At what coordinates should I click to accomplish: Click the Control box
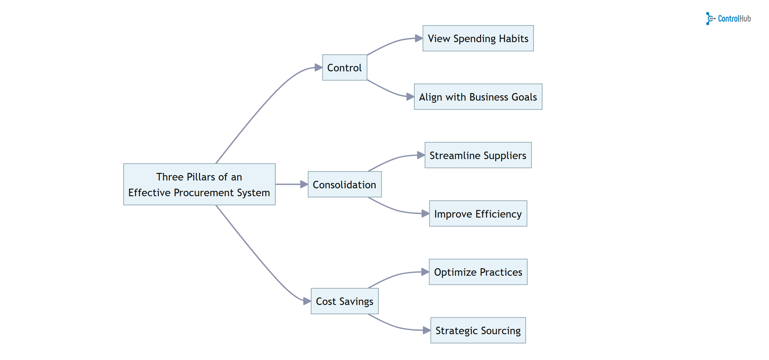tap(345, 68)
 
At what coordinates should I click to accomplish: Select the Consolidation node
tap(345, 185)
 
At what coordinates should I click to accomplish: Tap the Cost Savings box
tap(345, 301)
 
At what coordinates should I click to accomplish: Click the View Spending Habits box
tap(478, 38)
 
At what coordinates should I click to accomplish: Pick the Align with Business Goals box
tap(478, 97)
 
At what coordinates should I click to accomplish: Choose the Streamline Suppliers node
tap(478, 155)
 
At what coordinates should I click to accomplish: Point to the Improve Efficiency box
tap(478, 214)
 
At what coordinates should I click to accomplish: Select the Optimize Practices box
tap(478, 272)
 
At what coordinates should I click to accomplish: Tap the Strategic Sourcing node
tap(478, 330)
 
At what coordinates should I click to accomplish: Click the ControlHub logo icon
tap(710, 19)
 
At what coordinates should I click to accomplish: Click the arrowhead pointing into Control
tap(318, 68)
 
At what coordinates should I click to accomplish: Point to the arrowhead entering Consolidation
tap(304, 184)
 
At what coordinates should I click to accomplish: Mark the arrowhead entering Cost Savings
tap(307, 301)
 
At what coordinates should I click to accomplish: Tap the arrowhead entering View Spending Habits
tap(419, 38)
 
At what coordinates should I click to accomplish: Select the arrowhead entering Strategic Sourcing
tap(427, 330)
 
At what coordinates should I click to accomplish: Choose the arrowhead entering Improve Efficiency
tap(425, 214)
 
